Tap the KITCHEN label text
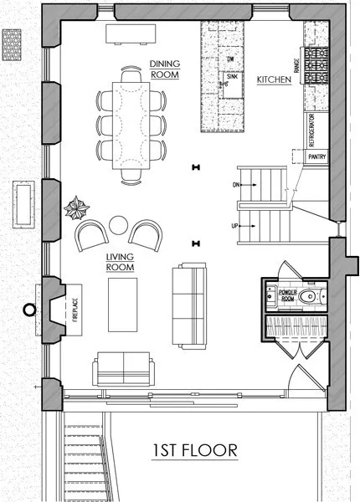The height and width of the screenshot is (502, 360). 274,80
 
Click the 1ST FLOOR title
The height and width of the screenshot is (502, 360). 195,451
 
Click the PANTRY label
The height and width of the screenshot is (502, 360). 316,156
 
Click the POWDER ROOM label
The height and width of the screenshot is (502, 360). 287,295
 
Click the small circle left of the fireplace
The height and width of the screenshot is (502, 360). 30,310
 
